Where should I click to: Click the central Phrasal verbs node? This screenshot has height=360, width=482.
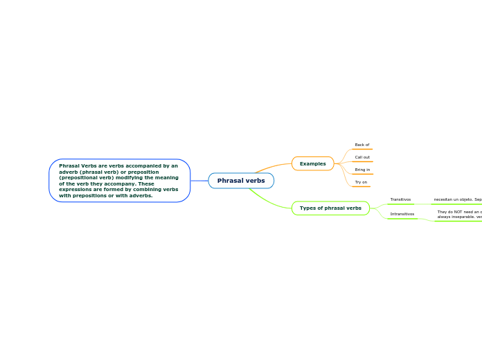pos(241,181)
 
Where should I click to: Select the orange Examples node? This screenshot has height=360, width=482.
pos(313,163)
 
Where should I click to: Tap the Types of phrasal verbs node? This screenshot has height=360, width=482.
pos(330,208)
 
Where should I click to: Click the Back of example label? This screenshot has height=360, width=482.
pos(361,145)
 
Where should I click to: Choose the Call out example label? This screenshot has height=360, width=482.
pos(361,157)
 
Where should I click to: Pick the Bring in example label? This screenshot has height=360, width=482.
pos(361,170)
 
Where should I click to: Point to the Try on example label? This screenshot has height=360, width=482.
pos(361,182)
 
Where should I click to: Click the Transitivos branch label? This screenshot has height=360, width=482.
pos(400,199)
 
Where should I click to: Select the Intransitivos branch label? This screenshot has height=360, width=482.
pos(402,214)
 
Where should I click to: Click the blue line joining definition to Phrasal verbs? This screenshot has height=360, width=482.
pos(199,181)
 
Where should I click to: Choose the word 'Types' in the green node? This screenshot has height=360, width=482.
pos(307,208)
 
